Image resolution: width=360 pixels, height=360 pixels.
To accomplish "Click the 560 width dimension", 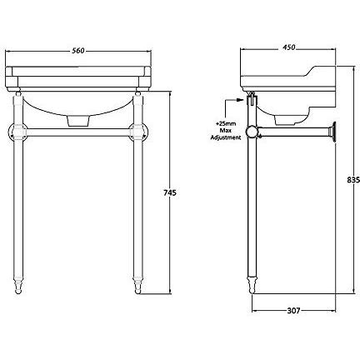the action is pos(78,51).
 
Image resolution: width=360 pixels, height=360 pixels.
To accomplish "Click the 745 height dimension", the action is pos(169,192).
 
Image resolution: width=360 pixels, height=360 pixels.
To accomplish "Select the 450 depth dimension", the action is pos(289,47).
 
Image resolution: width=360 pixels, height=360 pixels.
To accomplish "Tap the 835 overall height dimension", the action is pos(353,180).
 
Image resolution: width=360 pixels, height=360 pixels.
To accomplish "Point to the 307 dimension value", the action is pos(293,310).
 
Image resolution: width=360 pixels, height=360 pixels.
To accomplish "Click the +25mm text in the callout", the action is pos(227,124).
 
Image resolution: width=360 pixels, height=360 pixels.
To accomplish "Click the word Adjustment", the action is pos(226,137).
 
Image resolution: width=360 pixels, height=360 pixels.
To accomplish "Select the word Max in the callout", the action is pos(227,131).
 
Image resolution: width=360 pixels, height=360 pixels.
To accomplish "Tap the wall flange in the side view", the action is pos(332,132).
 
